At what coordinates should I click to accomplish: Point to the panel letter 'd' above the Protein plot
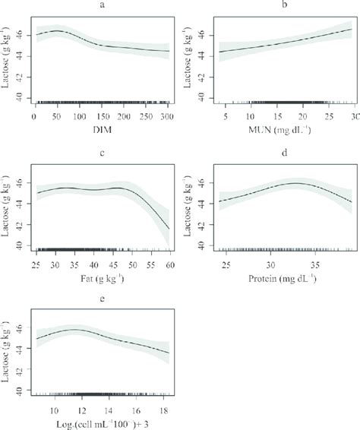pos(283,155)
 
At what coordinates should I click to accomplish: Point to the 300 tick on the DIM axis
pos(166,116)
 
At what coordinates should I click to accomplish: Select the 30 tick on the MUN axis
pos(352,116)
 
